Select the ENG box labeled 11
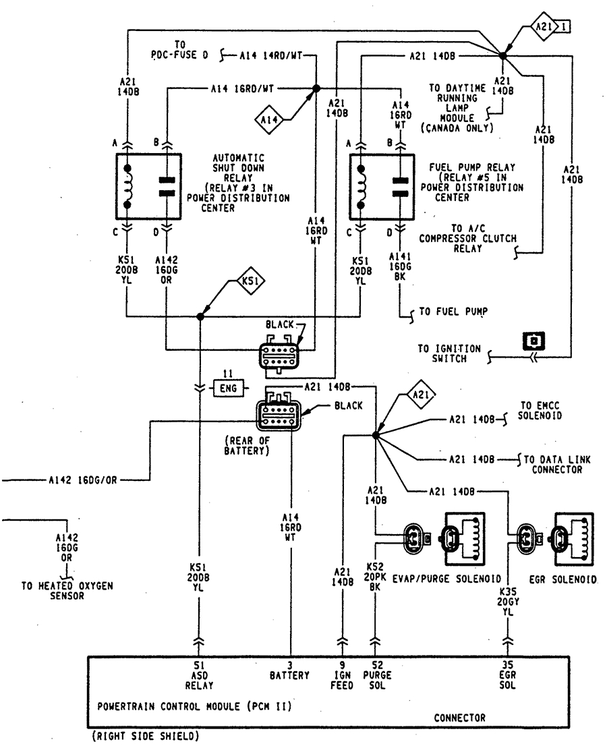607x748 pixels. pyautogui.click(x=227, y=388)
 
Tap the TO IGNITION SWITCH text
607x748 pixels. pyautogui.click(x=449, y=353)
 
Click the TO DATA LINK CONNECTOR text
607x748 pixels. pyautogui.click(x=556, y=464)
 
